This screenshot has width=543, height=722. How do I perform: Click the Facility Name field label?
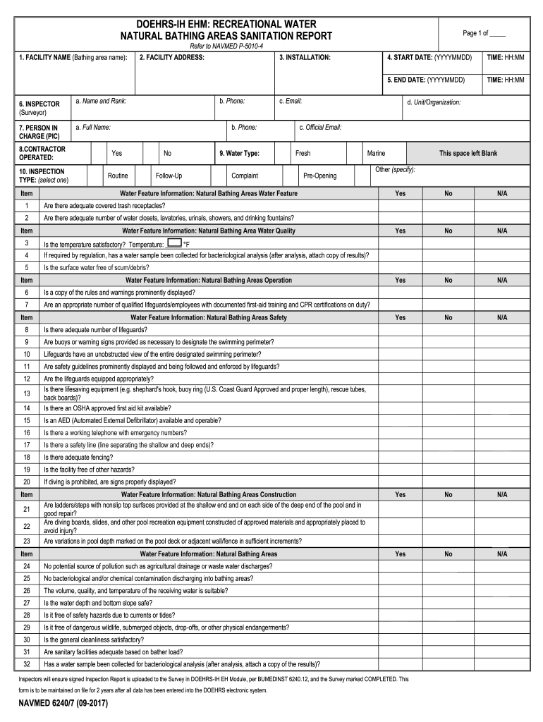click(73, 56)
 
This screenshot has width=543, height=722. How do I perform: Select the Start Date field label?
click(429, 56)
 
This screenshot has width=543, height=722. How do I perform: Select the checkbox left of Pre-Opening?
click(291, 176)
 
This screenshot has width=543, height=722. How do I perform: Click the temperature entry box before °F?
click(175, 243)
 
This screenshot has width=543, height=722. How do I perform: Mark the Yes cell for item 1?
click(400, 205)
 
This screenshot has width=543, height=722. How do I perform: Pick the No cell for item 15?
click(448, 420)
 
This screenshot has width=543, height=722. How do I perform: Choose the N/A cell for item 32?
click(501, 664)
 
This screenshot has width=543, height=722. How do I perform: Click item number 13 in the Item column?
click(27, 393)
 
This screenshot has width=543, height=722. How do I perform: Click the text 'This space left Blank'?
click(468, 153)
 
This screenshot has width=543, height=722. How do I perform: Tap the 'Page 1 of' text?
click(484, 33)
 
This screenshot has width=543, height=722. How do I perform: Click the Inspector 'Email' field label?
click(291, 102)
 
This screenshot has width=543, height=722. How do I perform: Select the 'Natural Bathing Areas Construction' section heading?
click(209, 494)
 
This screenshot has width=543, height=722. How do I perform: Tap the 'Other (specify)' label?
click(395, 169)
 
